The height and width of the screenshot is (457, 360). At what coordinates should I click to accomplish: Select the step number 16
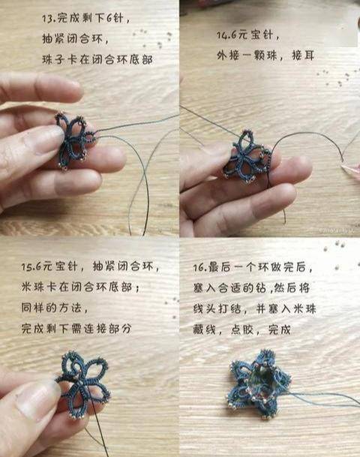coord(199,267)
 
